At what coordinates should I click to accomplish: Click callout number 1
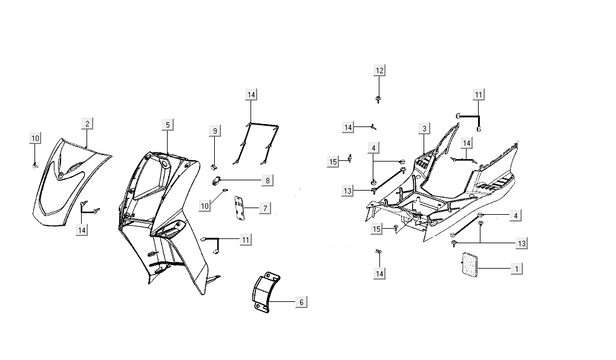tap(516, 268)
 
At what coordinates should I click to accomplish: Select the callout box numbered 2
tap(87, 124)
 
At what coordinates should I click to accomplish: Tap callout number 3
tap(425, 128)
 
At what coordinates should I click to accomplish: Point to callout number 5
tap(168, 125)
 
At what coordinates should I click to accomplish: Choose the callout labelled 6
tap(301, 302)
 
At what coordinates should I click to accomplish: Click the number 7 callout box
tap(264, 208)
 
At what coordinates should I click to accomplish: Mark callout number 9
tap(214, 131)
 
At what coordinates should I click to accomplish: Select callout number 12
tap(379, 71)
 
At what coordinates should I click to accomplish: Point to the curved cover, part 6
tap(264, 293)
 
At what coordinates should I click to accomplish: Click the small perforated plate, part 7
tap(240, 208)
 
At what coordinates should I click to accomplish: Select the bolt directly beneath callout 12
tap(378, 98)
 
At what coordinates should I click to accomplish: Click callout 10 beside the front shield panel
tap(35, 139)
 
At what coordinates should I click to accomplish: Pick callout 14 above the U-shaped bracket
tap(251, 94)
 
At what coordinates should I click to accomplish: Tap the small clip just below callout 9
tap(214, 166)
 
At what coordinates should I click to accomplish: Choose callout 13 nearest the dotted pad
tap(522, 243)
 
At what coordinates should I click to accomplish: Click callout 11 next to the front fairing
tap(245, 240)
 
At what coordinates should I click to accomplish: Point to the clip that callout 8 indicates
tap(216, 180)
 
